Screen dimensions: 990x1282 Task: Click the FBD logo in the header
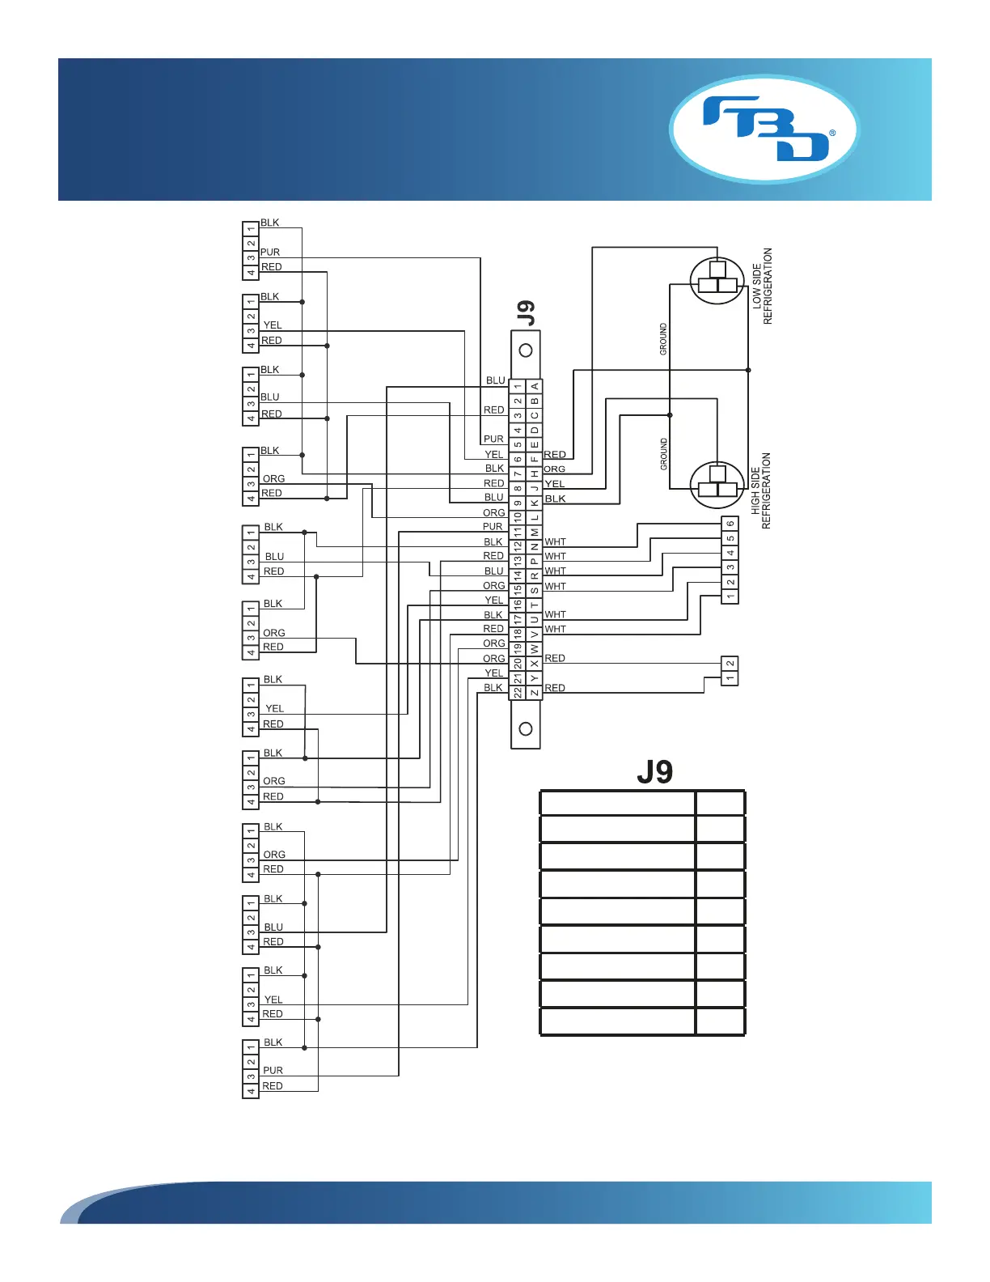(x=764, y=129)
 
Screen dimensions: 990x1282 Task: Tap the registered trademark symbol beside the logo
(x=832, y=132)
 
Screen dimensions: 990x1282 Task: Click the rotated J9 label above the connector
(x=526, y=313)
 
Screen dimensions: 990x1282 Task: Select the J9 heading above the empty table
(x=654, y=771)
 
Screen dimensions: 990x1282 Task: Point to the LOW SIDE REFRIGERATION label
(x=762, y=286)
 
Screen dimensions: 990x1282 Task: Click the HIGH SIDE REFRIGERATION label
(x=761, y=490)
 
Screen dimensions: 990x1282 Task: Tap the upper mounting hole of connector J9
(x=526, y=350)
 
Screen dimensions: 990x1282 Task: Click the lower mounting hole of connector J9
(x=526, y=729)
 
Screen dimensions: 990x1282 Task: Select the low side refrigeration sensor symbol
(x=717, y=281)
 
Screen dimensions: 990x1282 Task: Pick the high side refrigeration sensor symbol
(x=717, y=485)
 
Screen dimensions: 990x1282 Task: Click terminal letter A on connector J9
(x=535, y=387)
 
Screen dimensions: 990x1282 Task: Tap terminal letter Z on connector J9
(x=535, y=693)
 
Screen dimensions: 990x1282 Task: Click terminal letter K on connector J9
(x=535, y=503)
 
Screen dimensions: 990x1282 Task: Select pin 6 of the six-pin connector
(x=730, y=524)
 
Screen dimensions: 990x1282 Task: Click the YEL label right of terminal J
(x=555, y=484)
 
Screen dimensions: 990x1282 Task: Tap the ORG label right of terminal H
(x=555, y=469)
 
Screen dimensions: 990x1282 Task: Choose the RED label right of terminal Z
(x=555, y=688)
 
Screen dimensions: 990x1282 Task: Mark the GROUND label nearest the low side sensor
(x=664, y=339)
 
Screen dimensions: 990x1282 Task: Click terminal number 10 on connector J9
(x=518, y=517)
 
